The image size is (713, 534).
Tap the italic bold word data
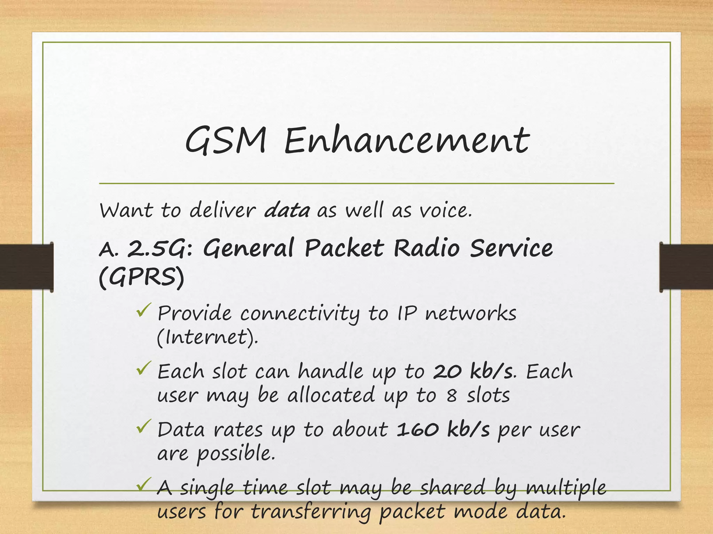[x=287, y=211]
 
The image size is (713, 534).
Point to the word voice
[x=445, y=211]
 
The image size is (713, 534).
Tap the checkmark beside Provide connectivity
[x=143, y=310]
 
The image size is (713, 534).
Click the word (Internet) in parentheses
[x=207, y=337]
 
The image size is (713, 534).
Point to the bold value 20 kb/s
[x=473, y=372]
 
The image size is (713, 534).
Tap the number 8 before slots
[x=452, y=396]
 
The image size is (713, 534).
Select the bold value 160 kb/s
[x=443, y=430]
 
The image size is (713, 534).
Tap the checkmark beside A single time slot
[x=143, y=484]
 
